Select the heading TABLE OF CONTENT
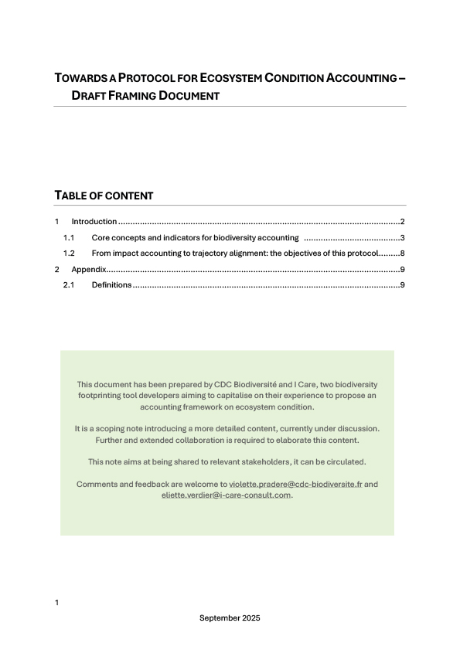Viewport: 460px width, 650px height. point(104,196)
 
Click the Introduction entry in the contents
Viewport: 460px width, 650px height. point(94,222)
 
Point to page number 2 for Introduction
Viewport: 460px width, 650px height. point(403,222)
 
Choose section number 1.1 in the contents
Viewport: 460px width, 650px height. point(68,237)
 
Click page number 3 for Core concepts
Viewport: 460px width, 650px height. point(403,237)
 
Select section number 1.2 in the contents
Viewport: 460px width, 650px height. point(68,254)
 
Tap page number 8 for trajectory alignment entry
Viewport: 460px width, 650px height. point(403,254)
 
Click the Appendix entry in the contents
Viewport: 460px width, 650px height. point(87,270)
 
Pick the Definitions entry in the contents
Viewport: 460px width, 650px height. point(111,286)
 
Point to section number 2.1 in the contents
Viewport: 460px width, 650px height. point(68,286)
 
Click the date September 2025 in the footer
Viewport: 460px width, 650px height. point(230,618)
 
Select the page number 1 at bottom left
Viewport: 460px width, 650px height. point(56,602)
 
